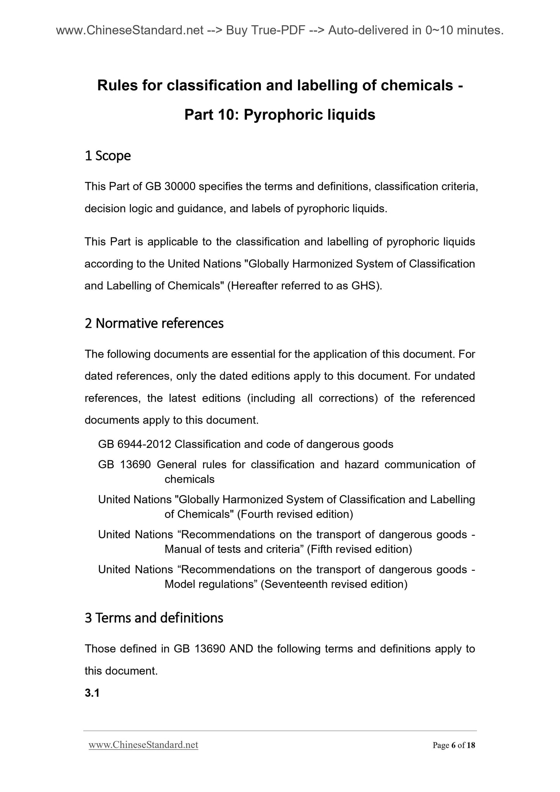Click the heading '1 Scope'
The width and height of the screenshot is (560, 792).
(107, 156)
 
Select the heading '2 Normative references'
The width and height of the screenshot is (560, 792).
(154, 323)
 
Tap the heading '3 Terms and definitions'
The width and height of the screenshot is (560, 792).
(154, 618)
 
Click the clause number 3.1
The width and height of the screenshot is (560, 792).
(92, 693)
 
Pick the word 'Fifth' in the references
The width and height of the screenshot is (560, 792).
(320, 549)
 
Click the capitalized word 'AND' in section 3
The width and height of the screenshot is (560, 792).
(241, 649)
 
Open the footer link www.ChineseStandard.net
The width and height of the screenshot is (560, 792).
(143, 745)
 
